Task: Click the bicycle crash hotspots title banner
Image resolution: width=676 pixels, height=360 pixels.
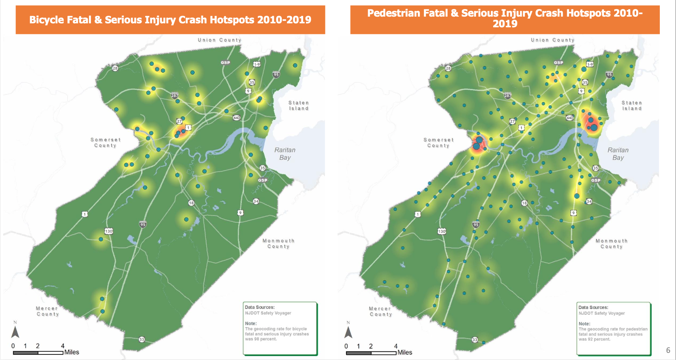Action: click(170, 20)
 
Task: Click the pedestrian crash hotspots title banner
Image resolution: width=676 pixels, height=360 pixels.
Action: click(505, 18)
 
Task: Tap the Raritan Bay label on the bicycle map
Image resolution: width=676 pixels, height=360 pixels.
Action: click(285, 153)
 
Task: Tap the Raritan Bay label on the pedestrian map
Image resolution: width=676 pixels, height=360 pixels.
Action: click(618, 153)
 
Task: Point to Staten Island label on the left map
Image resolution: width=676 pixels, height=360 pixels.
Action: click(298, 105)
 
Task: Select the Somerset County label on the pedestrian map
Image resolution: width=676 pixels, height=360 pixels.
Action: click(439, 142)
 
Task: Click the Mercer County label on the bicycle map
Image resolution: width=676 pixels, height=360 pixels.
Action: click(47, 311)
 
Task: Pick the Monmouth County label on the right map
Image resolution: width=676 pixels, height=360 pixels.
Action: click(611, 243)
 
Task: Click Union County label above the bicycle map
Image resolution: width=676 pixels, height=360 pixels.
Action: click(219, 40)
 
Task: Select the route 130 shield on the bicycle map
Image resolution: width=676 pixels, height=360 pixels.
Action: click(108, 231)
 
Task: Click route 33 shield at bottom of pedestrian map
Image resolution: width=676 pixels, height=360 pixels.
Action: click(475, 339)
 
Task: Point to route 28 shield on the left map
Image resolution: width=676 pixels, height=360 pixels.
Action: click(115, 68)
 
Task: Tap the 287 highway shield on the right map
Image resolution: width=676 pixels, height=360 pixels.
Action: click(507, 95)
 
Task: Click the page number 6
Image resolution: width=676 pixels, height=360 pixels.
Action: click(668, 350)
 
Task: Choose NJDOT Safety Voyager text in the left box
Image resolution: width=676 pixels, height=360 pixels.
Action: click(268, 313)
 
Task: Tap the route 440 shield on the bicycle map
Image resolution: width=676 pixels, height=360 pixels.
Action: click(236, 117)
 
